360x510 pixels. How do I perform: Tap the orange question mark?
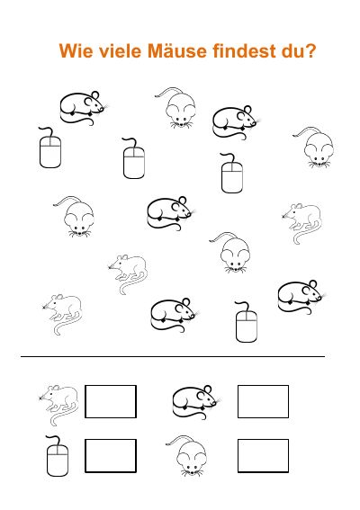tap(311, 50)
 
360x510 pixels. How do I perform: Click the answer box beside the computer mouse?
tap(111, 456)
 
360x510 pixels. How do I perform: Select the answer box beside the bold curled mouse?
tap(263, 401)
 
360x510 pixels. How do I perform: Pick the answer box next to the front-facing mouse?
tap(263, 456)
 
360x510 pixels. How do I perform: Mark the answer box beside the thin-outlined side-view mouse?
tap(111, 401)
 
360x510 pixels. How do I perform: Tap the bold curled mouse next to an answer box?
tap(195, 402)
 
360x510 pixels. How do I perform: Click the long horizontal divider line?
tap(173, 356)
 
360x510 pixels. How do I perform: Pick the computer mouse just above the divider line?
tap(247, 326)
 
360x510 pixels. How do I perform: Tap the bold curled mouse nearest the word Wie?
tap(81, 108)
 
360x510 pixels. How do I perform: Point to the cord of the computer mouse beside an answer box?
tap(53, 440)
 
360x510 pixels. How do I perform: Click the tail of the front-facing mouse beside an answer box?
tap(177, 439)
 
